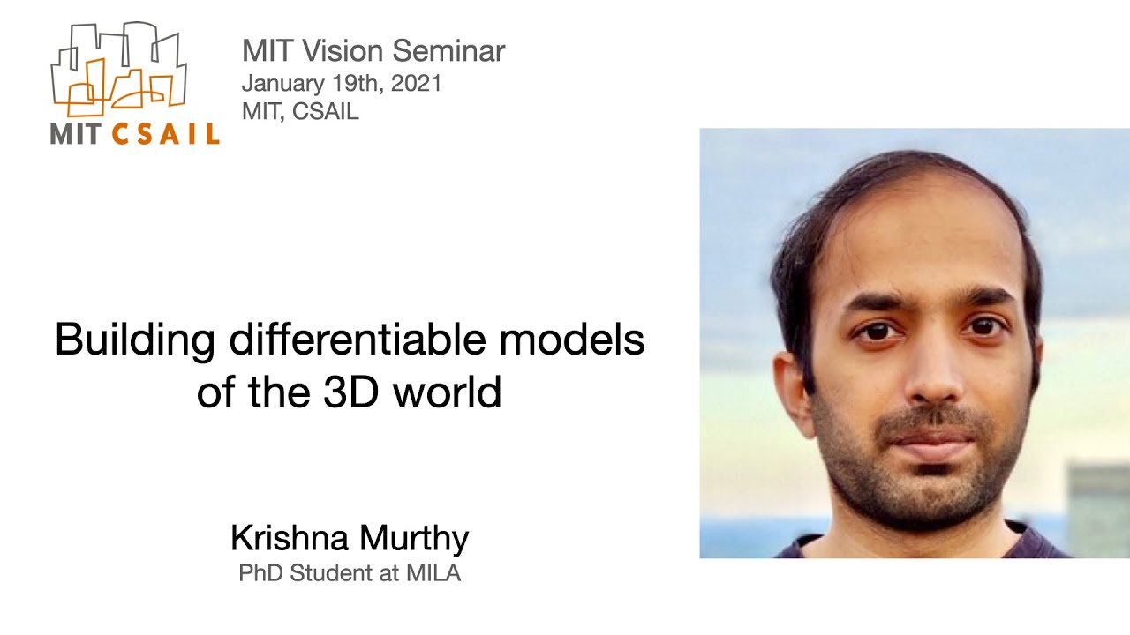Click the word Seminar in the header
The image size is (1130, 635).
[x=448, y=51]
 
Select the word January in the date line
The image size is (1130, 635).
[x=282, y=84]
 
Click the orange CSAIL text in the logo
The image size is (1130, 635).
[x=166, y=134]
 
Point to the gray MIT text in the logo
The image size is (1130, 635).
[x=79, y=134]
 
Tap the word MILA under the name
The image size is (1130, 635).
[x=433, y=573]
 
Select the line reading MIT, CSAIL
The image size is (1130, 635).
[x=300, y=112]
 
